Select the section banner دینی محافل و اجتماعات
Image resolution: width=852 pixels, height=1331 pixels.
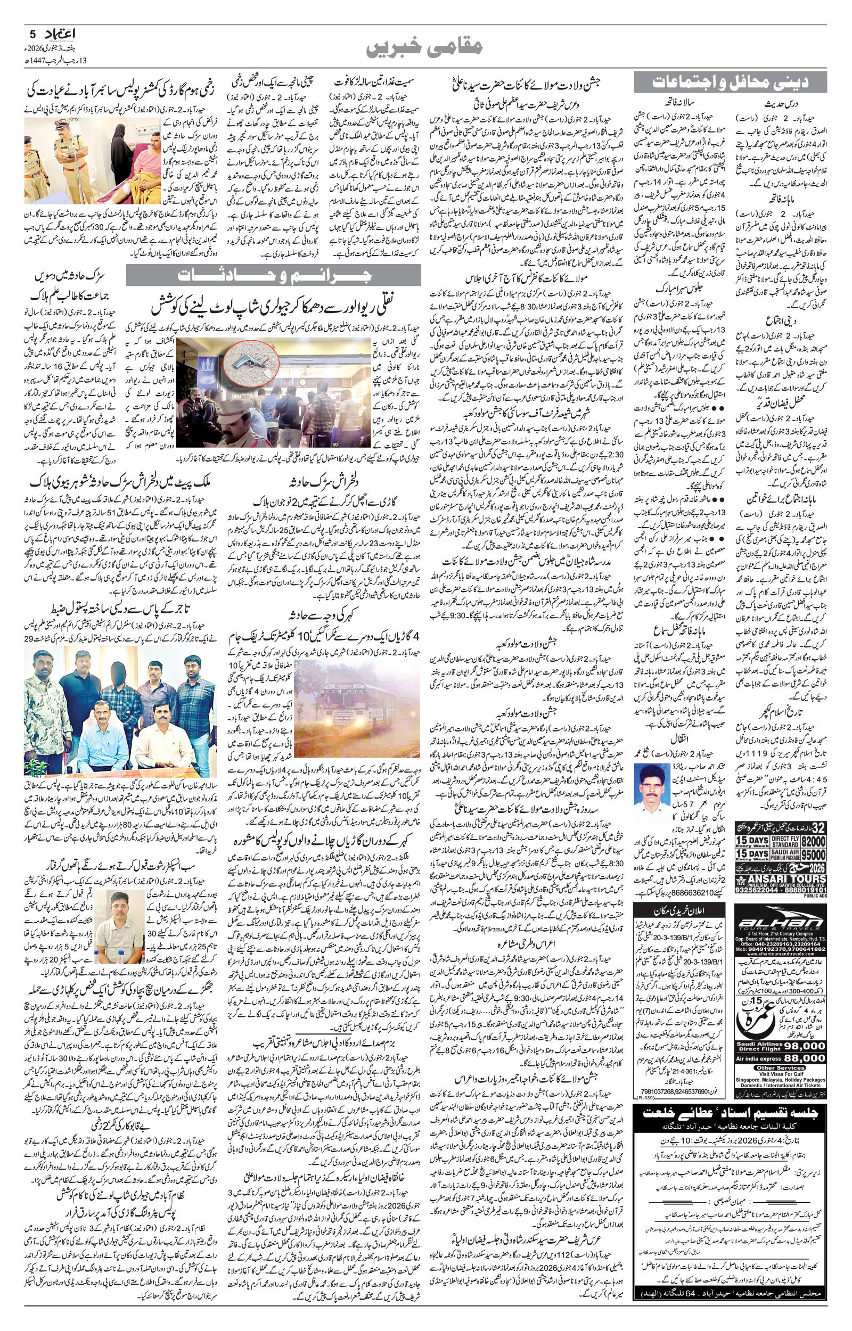730,83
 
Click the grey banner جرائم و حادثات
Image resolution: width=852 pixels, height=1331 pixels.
273,275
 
